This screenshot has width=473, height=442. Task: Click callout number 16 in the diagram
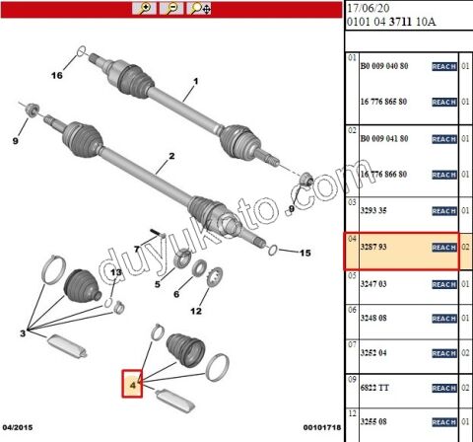[56, 76]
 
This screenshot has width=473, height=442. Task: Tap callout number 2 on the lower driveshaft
[171, 156]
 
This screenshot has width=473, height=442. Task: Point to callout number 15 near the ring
[305, 253]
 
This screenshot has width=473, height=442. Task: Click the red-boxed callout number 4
[132, 384]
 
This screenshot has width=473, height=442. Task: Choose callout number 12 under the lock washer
[195, 312]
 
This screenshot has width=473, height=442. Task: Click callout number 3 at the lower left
[24, 334]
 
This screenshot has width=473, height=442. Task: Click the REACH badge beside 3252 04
[444, 353]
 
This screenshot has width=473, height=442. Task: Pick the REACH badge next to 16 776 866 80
[444, 175]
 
